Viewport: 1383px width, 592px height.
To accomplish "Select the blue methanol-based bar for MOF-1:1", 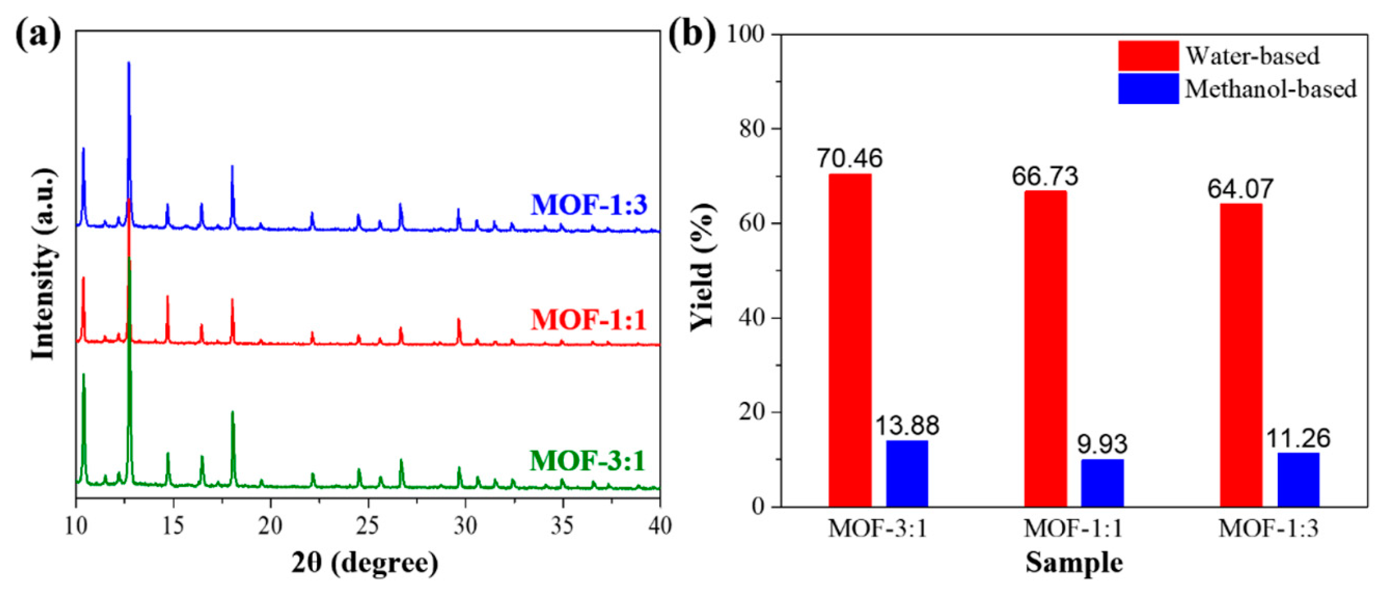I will [1102, 483].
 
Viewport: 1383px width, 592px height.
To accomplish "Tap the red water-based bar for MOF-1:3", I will [1241, 355].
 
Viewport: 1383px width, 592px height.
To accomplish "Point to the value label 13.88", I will [907, 426].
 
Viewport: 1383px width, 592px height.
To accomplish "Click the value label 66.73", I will [1045, 176].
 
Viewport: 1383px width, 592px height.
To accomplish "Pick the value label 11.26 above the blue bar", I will [1298, 438].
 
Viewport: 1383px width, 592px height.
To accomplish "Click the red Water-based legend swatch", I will [1148, 56].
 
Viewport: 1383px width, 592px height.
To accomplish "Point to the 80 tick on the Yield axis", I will [752, 129].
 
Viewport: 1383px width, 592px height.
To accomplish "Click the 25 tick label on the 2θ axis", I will [368, 526].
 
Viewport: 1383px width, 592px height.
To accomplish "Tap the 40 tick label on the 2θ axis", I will [659, 526].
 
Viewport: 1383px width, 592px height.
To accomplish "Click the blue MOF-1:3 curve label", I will [589, 204].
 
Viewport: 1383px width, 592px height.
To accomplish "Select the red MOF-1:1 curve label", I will [589, 320].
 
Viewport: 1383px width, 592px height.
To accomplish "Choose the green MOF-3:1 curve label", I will [587, 461].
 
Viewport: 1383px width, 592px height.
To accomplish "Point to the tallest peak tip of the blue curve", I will [128, 64].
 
